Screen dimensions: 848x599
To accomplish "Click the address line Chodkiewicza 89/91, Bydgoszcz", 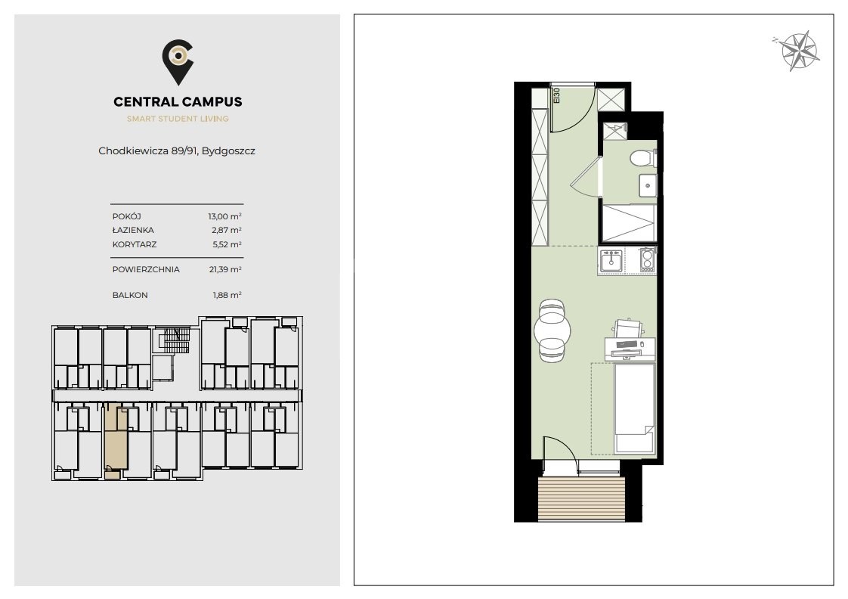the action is coord(177,151).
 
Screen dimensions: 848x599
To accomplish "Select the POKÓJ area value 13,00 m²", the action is coord(225,216).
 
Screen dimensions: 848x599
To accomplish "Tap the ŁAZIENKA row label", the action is coord(133,230).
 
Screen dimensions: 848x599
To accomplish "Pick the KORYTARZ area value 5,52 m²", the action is coord(227,244).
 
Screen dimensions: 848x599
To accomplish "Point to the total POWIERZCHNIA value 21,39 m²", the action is coord(225,269).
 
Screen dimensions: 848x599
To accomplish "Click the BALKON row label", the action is coord(130,295).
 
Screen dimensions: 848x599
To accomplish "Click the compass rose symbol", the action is coord(799,51).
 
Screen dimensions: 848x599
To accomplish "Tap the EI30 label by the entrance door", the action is coord(556,96).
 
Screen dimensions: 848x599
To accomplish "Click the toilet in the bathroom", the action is coord(642,158).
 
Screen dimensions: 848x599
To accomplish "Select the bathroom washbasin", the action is coord(648,185).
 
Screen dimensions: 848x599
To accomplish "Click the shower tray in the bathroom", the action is coord(629,222).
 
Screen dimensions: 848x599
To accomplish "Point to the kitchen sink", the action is coord(611,261).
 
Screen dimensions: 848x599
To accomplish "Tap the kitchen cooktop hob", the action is coord(647,260).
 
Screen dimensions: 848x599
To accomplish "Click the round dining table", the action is coord(552,330).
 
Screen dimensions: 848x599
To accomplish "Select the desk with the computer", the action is coord(630,349).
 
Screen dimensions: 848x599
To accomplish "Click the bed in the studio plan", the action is coord(635,408).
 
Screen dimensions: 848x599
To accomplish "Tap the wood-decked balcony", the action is coord(581,499).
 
